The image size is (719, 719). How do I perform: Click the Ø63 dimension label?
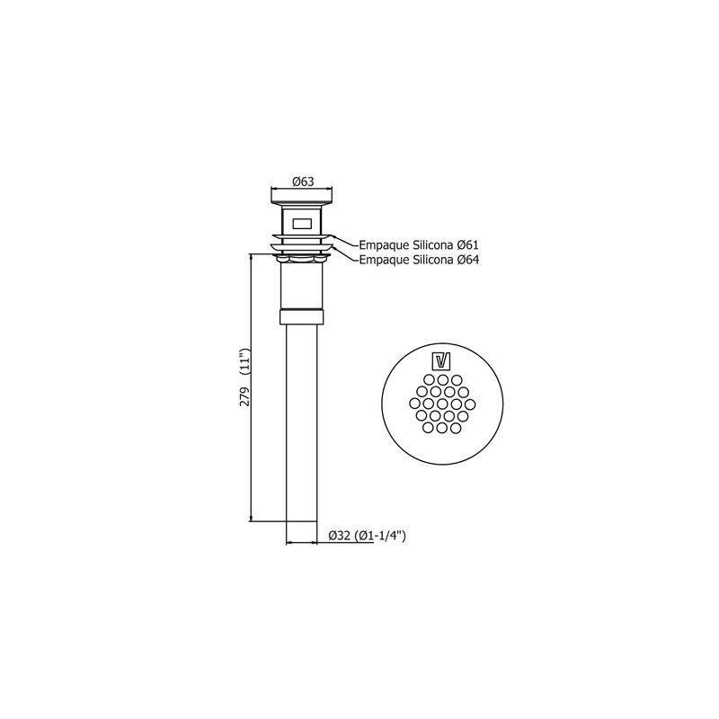coord(303,182)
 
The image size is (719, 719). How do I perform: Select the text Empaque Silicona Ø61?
coord(419,244)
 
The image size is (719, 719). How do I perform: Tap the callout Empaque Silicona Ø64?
coord(419,260)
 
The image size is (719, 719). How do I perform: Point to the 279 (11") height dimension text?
coord(245,377)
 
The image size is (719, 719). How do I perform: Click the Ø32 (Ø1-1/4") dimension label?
coord(368,535)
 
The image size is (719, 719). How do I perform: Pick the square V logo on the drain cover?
coord(442,361)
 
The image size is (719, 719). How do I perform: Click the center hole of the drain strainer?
coord(442,404)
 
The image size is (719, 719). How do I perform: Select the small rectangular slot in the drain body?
coord(301,223)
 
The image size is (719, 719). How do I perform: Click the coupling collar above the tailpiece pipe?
coord(302,317)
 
